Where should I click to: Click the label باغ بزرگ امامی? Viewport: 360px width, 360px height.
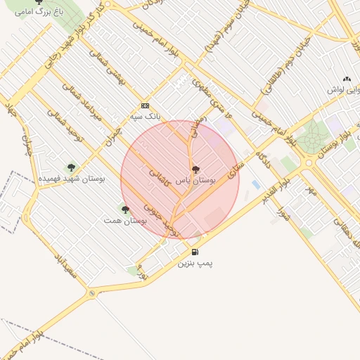point(39,11)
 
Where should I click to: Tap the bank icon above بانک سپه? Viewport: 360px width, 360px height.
point(145,105)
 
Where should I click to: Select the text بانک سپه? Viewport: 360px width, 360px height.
point(145,116)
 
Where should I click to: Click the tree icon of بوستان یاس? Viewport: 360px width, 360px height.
point(195,169)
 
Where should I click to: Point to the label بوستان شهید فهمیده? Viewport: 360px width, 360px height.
point(71,179)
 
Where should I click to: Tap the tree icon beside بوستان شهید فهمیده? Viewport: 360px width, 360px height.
point(71,167)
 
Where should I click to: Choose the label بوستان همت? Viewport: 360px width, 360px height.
point(124,221)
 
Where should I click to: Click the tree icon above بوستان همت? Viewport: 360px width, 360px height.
point(125,210)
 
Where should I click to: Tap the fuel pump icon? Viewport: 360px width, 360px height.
point(194,252)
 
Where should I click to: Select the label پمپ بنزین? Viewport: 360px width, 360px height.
point(194,263)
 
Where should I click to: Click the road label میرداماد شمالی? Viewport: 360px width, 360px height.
point(82,102)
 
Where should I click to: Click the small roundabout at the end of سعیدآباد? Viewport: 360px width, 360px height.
point(91,293)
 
